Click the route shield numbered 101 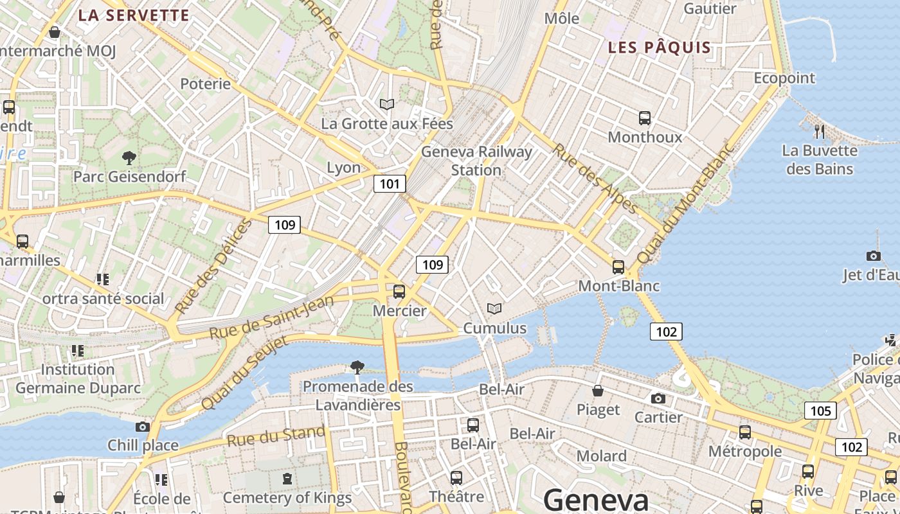click(x=390, y=184)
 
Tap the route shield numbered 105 click(x=821, y=411)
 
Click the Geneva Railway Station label click(x=476, y=161)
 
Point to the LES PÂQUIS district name click(x=660, y=48)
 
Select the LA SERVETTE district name click(x=134, y=15)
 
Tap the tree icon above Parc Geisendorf click(x=129, y=157)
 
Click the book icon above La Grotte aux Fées click(x=386, y=104)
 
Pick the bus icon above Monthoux click(x=645, y=118)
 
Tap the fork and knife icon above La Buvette click(x=820, y=132)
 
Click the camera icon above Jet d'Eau click(x=873, y=256)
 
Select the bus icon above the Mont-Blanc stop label click(x=618, y=267)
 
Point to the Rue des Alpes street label click(x=595, y=179)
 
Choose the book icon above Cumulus click(x=494, y=309)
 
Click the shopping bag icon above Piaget click(x=598, y=391)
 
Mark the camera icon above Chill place click(x=143, y=427)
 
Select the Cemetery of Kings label click(x=287, y=497)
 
